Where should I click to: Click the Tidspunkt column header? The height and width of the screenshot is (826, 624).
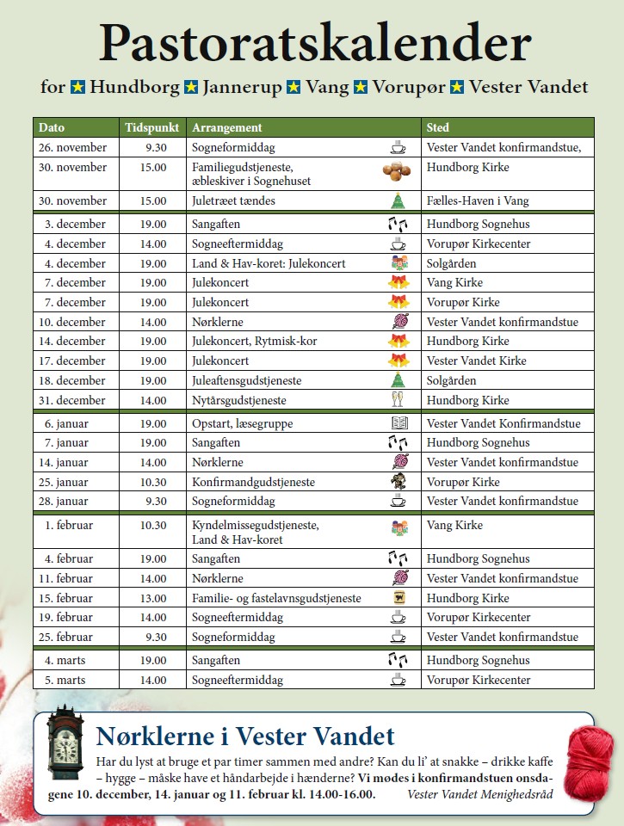coord(152,127)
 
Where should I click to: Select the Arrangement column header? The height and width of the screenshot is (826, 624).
coord(227,127)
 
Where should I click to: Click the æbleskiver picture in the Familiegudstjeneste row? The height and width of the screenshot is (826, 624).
coord(396,173)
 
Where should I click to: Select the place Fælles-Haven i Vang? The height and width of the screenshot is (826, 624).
coord(478,200)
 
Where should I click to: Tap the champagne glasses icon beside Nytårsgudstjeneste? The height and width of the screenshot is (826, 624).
coord(397,399)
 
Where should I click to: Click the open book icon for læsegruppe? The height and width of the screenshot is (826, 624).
coord(398,423)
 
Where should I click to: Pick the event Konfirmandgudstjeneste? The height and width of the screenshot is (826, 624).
coord(253,482)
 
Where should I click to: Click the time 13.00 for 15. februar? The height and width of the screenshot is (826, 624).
coord(153,598)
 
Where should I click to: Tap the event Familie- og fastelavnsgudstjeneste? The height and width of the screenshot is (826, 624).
coord(276,598)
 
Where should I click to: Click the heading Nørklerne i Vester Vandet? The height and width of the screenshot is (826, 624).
coord(245,736)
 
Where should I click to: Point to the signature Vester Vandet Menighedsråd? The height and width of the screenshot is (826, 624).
coord(480,793)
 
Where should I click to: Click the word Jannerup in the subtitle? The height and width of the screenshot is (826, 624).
coord(235,87)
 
